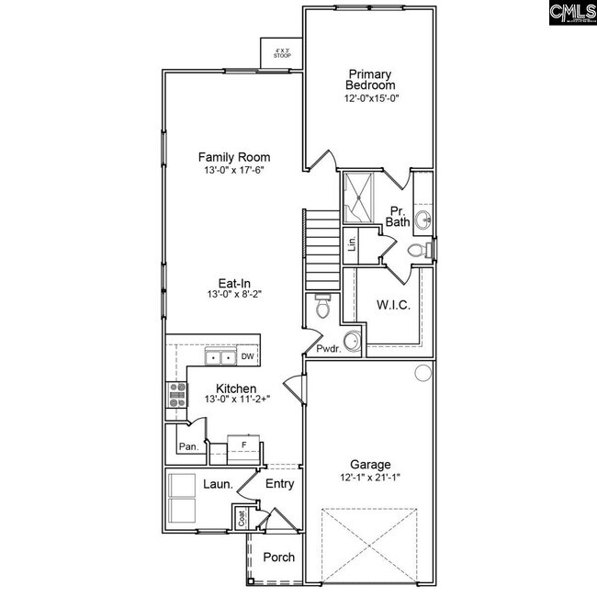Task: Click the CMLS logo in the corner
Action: (x=571, y=13)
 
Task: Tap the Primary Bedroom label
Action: (x=370, y=80)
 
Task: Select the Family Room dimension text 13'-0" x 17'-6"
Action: (x=234, y=171)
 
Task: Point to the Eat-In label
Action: (x=235, y=282)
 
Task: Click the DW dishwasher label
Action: (x=247, y=356)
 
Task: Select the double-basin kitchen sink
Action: (x=219, y=357)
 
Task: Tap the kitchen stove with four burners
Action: (x=175, y=394)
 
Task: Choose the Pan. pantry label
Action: (x=188, y=447)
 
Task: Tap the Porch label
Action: (x=278, y=558)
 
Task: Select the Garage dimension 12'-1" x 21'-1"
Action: (x=371, y=478)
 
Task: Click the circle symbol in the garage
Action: (x=422, y=373)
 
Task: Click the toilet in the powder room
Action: (x=321, y=307)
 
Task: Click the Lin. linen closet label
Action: (x=352, y=244)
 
